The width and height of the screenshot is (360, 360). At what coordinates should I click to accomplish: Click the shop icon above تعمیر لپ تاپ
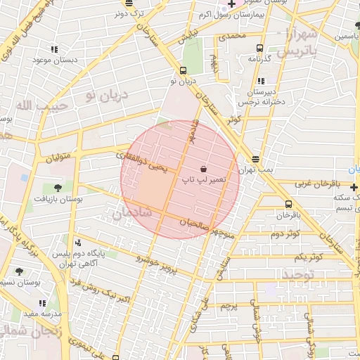point(204,169)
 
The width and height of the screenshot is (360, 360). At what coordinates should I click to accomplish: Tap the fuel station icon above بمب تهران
point(255,159)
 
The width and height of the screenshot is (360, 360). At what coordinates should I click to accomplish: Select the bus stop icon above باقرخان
point(288,203)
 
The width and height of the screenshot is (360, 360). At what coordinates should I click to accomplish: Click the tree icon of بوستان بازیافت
point(58,188)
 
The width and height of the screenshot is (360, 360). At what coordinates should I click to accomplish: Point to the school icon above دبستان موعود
point(53,49)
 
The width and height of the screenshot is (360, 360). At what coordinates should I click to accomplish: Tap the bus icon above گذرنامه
point(260,49)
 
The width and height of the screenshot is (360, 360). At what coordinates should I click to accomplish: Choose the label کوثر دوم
point(285,233)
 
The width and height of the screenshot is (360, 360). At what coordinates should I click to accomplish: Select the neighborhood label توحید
point(299,273)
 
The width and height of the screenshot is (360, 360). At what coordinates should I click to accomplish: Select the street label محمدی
point(232,35)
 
